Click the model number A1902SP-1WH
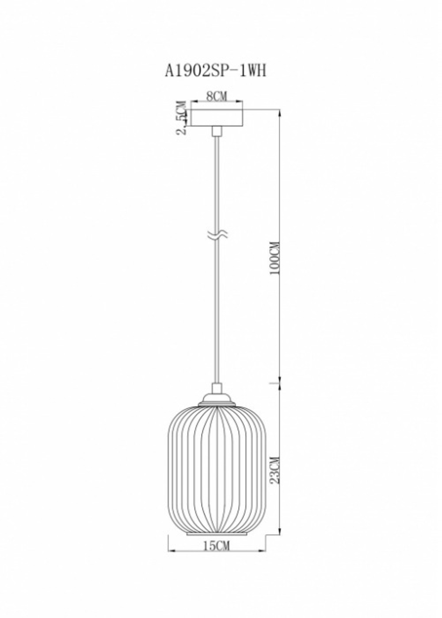pyautogui.click(x=216, y=71)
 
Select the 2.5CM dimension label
pyautogui.click(x=180, y=118)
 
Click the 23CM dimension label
pyautogui.click(x=275, y=469)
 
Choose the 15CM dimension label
pyautogui.click(x=217, y=546)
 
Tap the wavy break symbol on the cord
pyautogui.click(x=217, y=235)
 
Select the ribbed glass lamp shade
pyautogui.click(x=216, y=469)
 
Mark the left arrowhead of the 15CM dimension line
pyautogui.click(x=171, y=551)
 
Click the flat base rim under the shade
pyautogui.click(x=216, y=534)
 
